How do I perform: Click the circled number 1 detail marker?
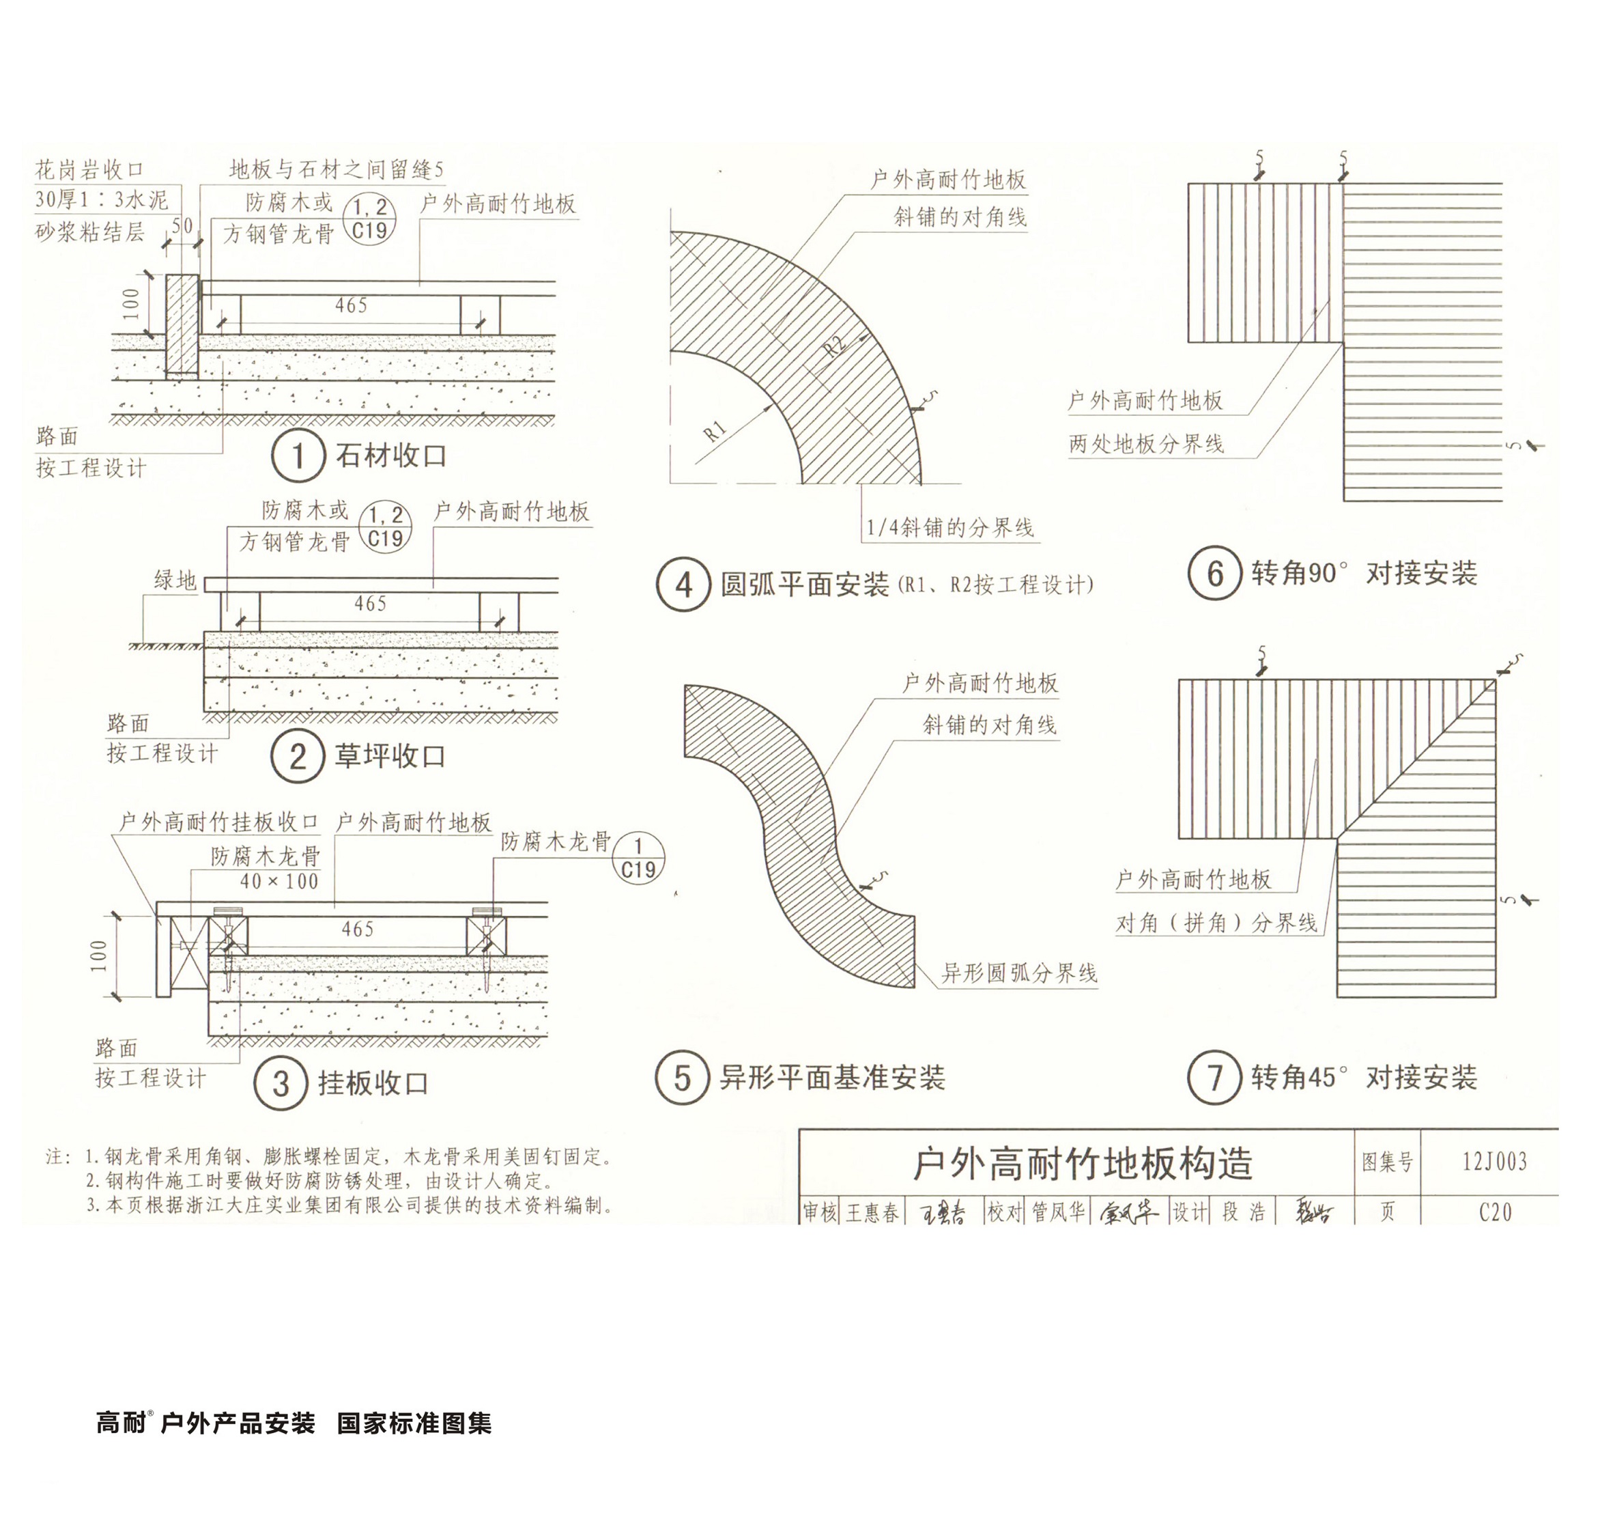point(298,456)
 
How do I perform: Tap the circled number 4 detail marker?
point(683,584)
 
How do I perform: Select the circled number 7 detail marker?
point(1214,1077)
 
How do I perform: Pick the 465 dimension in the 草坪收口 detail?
point(370,603)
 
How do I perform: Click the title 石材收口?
point(391,456)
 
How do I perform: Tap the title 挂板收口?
point(373,1083)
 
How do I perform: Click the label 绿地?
point(175,580)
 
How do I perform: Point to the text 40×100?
point(279,881)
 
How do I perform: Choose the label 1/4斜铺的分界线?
point(950,528)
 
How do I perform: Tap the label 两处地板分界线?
point(1145,444)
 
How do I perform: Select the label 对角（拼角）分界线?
point(1216,923)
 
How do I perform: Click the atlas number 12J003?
point(1494,1162)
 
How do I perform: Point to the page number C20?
point(1494,1212)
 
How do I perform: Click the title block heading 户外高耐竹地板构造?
point(1083,1163)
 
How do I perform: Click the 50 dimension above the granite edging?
point(182,225)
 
